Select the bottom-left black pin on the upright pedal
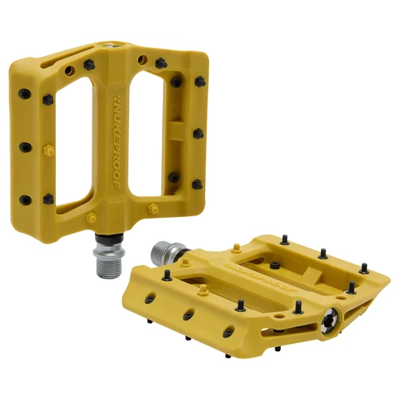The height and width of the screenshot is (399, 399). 26,199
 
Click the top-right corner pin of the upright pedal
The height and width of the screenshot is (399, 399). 196,81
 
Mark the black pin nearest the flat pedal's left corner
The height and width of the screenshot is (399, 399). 167,276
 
